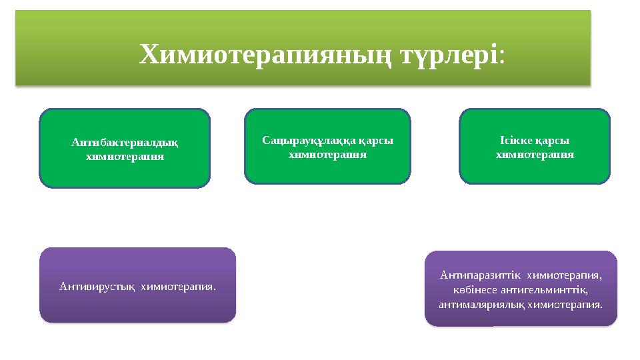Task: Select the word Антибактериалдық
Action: pyautogui.click(x=125, y=142)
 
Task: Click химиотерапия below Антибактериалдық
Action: pyautogui.click(x=125, y=157)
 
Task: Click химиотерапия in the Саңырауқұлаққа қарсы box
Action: pyautogui.click(x=327, y=154)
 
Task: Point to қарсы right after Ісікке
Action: pyautogui.click(x=555, y=141)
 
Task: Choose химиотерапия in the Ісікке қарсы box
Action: pyautogui.click(x=535, y=154)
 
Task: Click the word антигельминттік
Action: pyautogui.click(x=541, y=289)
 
